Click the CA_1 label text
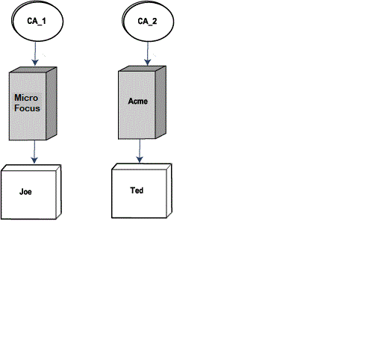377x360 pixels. click(x=37, y=21)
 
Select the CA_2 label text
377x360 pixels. click(x=147, y=21)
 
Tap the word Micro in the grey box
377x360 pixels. click(x=26, y=98)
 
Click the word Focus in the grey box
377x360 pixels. click(x=27, y=108)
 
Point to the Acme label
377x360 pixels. click(x=138, y=101)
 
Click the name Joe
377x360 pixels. click(x=25, y=192)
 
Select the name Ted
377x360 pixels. click(x=137, y=190)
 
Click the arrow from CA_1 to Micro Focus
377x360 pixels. click(x=35, y=54)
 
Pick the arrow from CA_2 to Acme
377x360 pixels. click(x=148, y=54)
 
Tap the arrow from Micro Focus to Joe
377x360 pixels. click(x=34, y=152)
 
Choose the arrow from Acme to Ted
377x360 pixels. click(x=140, y=151)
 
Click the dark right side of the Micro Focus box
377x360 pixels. click(x=52, y=103)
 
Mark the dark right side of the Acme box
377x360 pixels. click(x=161, y=102)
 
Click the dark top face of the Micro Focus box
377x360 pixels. click(x=33, y=69)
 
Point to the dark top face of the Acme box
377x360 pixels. click(x=142, y=69)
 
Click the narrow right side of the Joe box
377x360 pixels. click(x=59, y=192)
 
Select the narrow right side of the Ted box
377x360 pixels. click(x=169, y=190)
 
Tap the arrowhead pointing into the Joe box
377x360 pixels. click(x=34, y=160)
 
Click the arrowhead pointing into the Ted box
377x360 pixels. click(x=140, y=159)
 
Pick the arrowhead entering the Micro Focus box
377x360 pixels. click(x=35, y=63)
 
